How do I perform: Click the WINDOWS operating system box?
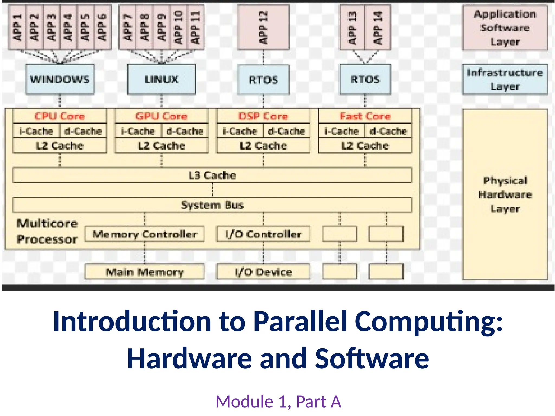60,79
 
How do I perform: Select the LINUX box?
162,79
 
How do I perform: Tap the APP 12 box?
263,27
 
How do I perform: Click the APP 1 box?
17,27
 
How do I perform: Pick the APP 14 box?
377,27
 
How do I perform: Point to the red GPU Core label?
162,116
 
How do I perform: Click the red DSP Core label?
263,116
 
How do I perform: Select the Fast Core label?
365,116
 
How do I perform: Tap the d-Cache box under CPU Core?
83,131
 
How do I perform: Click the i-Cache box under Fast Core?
342,131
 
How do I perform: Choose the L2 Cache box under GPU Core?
162,146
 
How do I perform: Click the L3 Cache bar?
212,175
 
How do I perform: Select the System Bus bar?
212,205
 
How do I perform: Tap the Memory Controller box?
144,234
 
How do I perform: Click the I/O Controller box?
263,234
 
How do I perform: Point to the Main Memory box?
144,272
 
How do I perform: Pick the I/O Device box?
263,272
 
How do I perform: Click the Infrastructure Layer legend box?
505,79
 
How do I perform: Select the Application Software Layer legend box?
505,28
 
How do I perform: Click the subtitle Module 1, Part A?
278,401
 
